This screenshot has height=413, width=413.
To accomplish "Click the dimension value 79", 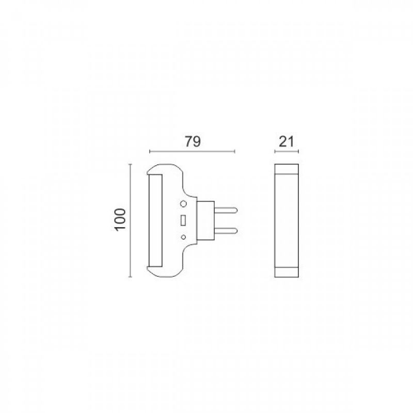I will coord(192,141).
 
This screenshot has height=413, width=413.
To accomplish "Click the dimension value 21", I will coord(287,141).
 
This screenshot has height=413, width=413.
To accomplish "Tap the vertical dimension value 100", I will coord(120,220).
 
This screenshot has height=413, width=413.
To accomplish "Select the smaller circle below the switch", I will coord(184,236).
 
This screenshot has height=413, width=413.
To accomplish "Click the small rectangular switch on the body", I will coord(184,220).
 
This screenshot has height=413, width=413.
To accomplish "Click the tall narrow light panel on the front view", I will coord(156,220).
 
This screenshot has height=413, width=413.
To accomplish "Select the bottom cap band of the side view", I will coord(287,273).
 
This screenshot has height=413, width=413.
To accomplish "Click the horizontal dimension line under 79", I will coord(192,152).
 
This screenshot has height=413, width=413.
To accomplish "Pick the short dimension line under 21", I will coord(287,152).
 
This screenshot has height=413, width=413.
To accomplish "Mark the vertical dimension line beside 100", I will coord(131,220).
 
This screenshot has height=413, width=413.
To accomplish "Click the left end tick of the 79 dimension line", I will coord(149,152).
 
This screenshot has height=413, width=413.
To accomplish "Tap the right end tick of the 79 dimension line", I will coord(235,152).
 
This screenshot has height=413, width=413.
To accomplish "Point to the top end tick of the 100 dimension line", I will coord(131,164).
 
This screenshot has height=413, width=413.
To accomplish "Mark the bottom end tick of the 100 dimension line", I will coord(131,278).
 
